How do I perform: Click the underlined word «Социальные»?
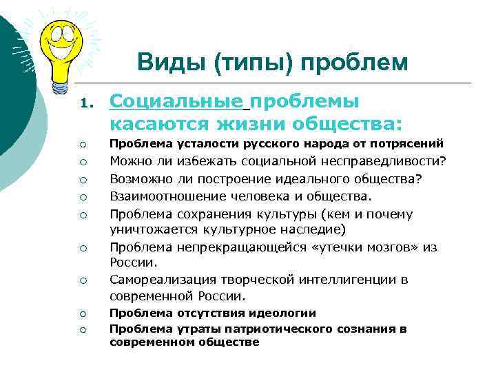pyautogui.click(x=177, y=102)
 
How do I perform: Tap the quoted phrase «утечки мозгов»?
pyautogui.click(x=355, y=247)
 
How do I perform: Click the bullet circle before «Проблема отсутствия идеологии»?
pyautogui.click(x=82, y=313)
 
